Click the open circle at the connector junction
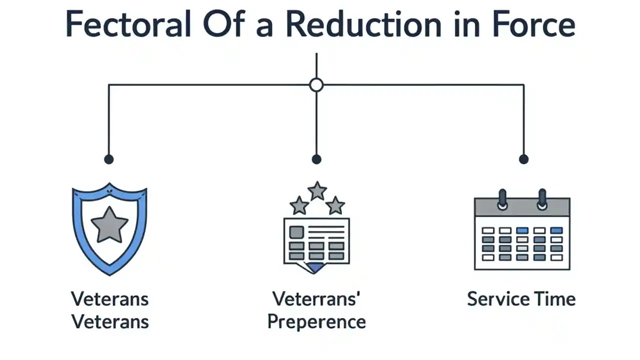[316, 85]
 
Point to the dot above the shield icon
[108, 159]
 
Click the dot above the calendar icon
[523, 159]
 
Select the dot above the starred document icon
[316, 159]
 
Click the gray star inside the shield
[109, 224]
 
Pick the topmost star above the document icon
[317, 190]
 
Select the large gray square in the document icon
[296, 232]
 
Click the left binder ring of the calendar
[502, 199]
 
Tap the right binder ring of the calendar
[542, 199]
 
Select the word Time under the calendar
[554, 299]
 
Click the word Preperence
[316, 321]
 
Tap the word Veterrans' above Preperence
[317, 299]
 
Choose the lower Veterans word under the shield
[110, 321]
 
